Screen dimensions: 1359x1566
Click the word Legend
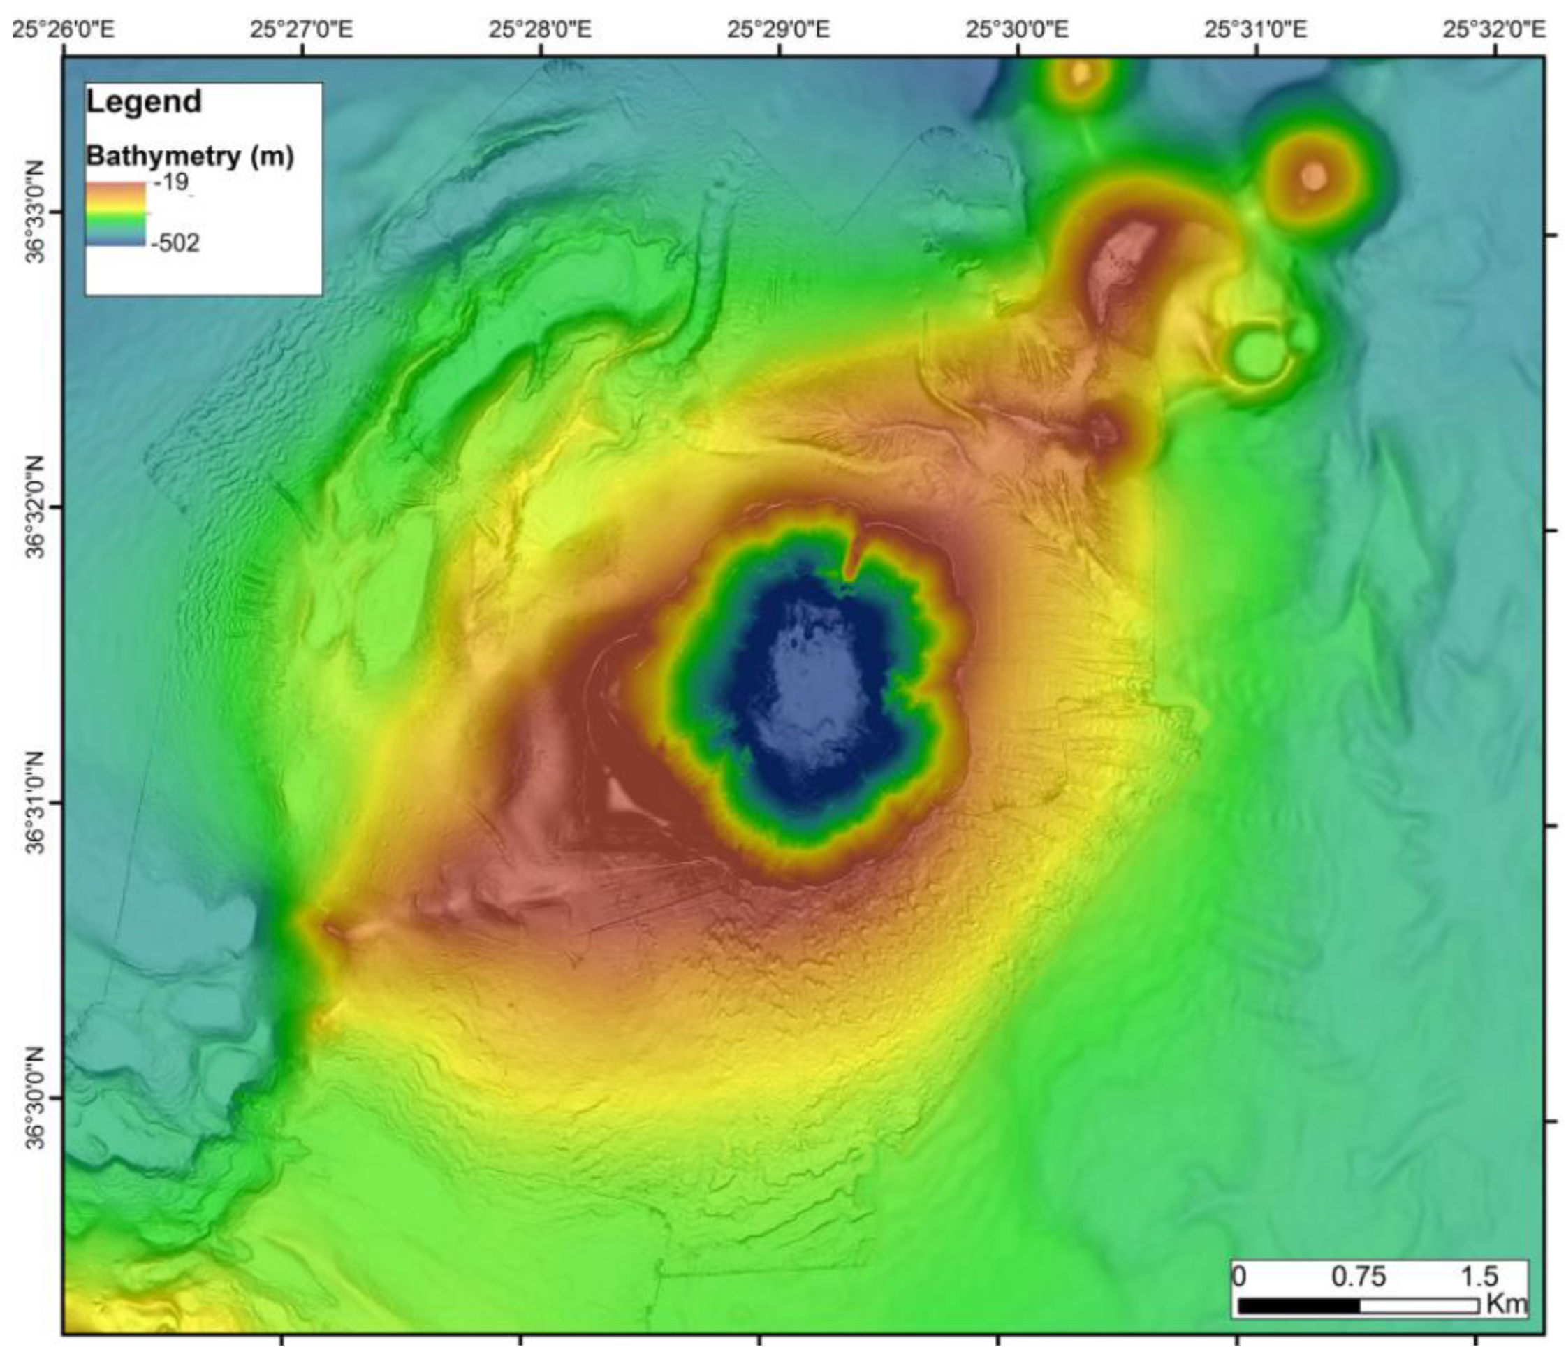144,101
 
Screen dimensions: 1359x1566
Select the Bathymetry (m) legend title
189,157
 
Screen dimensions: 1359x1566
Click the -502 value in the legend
176,242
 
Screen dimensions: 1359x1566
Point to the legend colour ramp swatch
115,214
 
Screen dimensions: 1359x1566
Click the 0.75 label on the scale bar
1359,1277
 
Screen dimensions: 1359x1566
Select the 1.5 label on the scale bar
1478,1277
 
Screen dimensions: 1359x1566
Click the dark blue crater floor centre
815,694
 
